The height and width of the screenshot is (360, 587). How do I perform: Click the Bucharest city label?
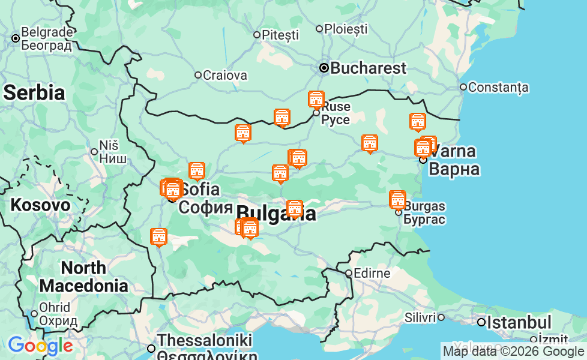(368, 68)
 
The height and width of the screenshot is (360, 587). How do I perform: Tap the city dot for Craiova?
(198, 75)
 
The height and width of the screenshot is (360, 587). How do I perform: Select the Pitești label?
(280, 35)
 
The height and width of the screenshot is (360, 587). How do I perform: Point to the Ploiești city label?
(346, 28)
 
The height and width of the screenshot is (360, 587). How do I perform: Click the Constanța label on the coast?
(498, 87)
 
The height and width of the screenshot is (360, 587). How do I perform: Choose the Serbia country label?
(34, 92)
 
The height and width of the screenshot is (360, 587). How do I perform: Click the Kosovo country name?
(40, 205)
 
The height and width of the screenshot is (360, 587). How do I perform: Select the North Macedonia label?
(83, 277)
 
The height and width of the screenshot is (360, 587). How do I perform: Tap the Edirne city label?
(372, 274)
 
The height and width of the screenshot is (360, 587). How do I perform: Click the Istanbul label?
(519, 322)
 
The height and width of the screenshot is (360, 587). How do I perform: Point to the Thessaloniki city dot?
(151, 348)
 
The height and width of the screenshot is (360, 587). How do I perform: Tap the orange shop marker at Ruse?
(316, 100)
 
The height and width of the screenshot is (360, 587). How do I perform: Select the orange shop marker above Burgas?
(397, 199)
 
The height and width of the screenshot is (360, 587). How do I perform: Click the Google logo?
(40, 346)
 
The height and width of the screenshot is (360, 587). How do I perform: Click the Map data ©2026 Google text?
(513, 352)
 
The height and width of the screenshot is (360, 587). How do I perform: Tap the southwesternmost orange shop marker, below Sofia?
(159, 236)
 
